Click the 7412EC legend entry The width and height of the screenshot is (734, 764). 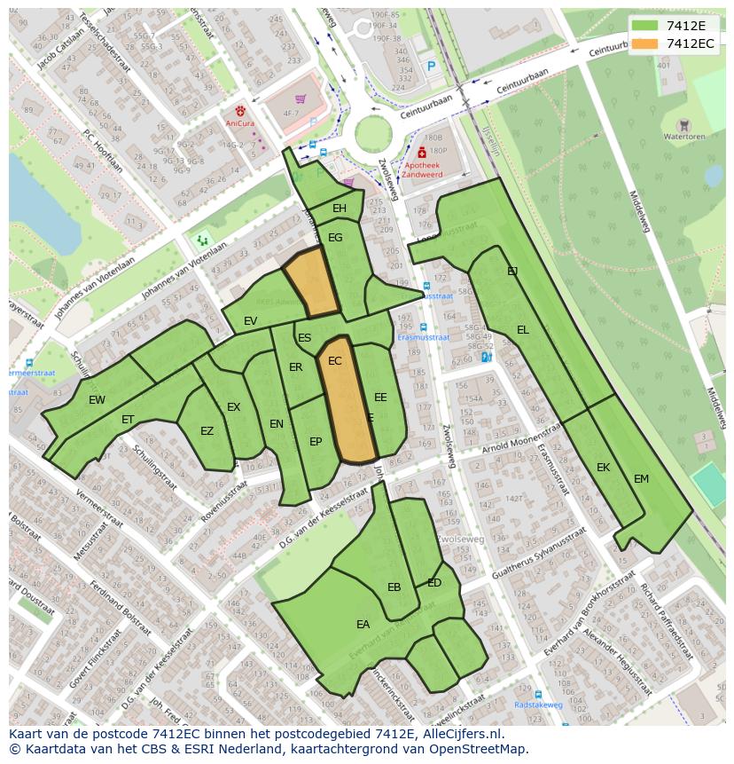coord(690,43)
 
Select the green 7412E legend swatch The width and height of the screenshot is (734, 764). coord(645,26)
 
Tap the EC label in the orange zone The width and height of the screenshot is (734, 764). coord(334,361)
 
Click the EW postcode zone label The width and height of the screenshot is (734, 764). coord(97,400)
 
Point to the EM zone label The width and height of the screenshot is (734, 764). coord(641,479)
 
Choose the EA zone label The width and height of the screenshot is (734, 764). coord(363,625)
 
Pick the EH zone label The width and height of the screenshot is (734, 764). coord(339,209)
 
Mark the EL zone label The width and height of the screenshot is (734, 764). coord(523,330)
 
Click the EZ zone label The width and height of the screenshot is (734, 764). coord(207,432)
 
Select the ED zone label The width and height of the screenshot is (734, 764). coord(434,583)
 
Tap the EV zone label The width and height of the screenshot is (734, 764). coord(250,321)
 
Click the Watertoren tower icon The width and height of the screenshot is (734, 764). coord(683,125)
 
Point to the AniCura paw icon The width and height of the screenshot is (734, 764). coord(239,113)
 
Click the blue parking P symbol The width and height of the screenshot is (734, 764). coord(432,66)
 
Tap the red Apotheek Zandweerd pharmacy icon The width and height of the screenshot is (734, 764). coord(420,153)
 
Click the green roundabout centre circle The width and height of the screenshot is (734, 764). coord(373,134)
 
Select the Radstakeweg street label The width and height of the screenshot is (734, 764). coord(538,705)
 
